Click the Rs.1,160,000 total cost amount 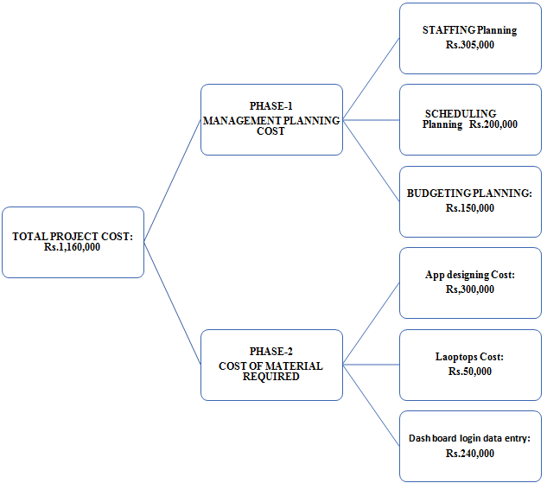tap(73, 247)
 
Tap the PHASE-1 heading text tap(271, 105)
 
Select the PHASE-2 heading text tap(271, 351)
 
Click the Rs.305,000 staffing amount tap(470, 45)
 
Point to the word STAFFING tap(448, 30)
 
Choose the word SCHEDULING tap(461, 114)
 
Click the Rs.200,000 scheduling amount tap(493, 124)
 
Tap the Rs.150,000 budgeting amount tap(470, 208)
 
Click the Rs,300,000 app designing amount tap(470, 289)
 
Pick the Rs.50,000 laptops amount tap(470, 371)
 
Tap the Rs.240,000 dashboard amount tap(470, 454)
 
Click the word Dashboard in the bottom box tap(428, 438)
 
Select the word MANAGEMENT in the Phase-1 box tap(243, 121)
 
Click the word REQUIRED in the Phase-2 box tap(271, 377)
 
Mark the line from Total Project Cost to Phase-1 tap(172, 181)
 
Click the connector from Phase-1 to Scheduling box tap(372, 120)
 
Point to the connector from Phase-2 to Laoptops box tap(372, 365)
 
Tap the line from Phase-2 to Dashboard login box tap(372, 405)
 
